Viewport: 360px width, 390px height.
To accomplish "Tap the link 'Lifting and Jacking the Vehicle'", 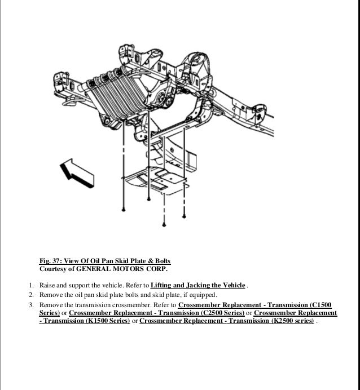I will point(199,284).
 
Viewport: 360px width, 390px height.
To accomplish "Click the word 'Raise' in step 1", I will point(47,284).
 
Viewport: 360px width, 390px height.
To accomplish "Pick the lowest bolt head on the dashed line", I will point(164,224).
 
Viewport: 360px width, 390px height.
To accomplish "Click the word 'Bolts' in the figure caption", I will point(160,262).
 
